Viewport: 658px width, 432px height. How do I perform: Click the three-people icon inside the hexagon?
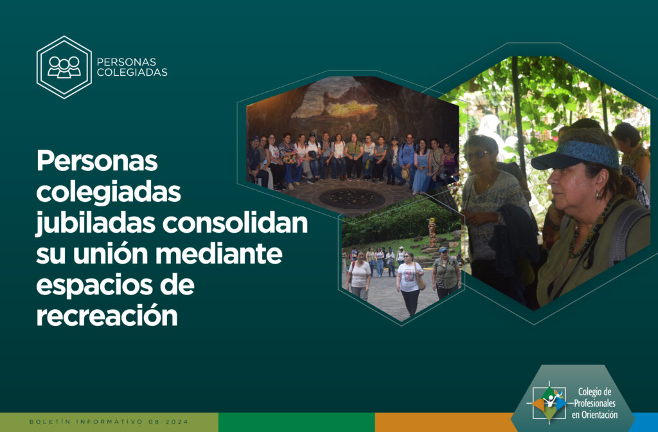tap(64, 67)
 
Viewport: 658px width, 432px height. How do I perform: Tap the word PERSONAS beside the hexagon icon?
tap(127, 62)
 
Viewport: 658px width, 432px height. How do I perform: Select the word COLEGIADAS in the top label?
tap(132, 72)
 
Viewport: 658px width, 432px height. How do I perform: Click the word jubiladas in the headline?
tap(96, 223)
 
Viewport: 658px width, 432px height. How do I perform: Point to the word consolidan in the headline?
tap(235, 222)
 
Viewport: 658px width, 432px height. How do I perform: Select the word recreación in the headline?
tap(107, 316)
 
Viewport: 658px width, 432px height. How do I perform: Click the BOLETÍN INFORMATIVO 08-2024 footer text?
tap(109, 422)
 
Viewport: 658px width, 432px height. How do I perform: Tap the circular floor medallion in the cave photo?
tap(352, 199)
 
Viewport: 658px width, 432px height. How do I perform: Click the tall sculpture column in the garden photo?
tap(432, 232)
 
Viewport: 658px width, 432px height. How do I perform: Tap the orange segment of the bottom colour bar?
tap(445, 422)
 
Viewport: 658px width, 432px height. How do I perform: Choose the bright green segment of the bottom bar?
tap(296, 422)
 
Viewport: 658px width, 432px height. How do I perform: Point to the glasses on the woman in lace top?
tap(477, 154)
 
